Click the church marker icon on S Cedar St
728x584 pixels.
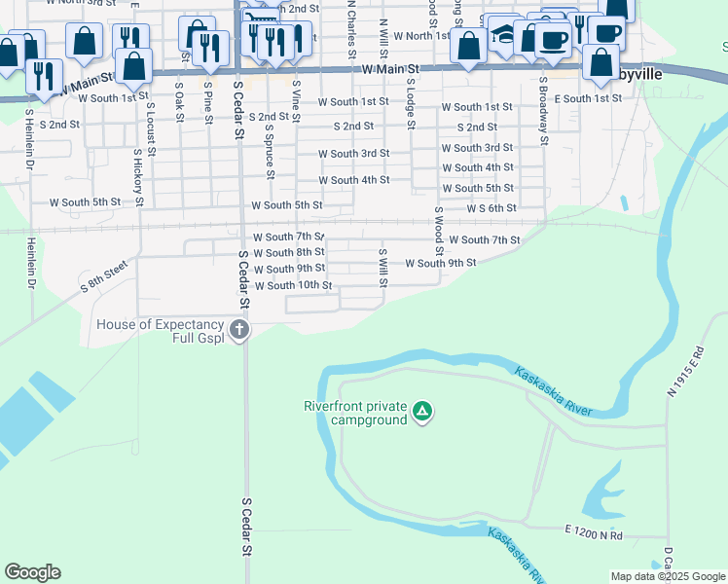coord(238,330)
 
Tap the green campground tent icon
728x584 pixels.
coord(422,412)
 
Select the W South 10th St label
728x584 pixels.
coord(293,285)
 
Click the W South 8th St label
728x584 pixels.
coord(289,252)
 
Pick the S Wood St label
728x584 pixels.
coord(439,231)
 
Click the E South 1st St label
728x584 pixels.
coord(587,98)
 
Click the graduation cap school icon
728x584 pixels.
coord(503,35)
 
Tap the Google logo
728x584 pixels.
coord(32,572)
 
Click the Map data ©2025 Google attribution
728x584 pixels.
coord(668,576)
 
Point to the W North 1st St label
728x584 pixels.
coord(411,36)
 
